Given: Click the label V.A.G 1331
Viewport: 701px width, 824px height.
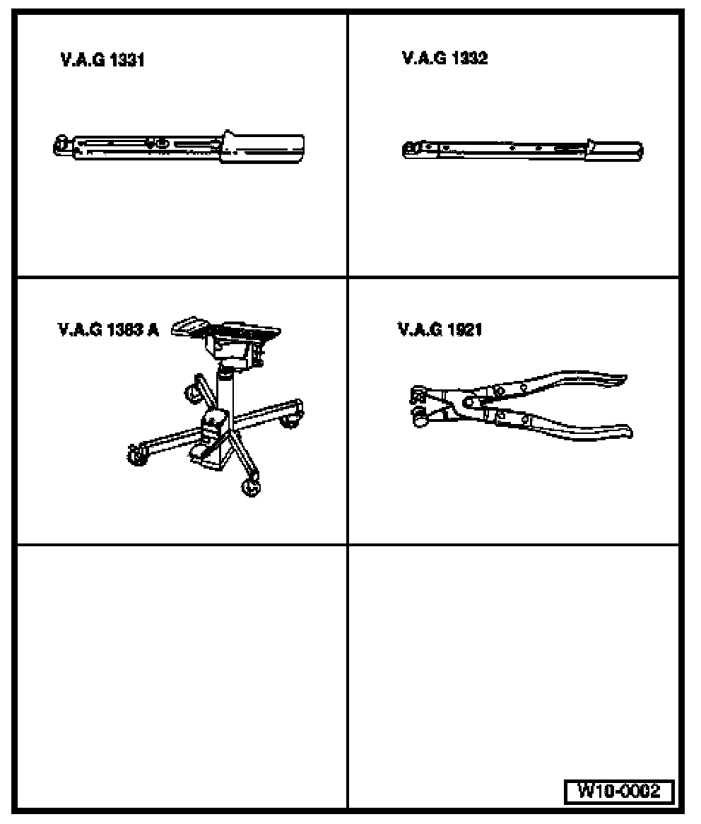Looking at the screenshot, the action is coord(102,60).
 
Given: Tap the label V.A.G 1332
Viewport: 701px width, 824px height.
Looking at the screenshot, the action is coord(444,58).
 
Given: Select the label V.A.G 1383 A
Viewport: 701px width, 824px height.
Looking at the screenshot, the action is coord(107,329).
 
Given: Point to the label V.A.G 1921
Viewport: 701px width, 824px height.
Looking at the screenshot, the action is coord(440,329).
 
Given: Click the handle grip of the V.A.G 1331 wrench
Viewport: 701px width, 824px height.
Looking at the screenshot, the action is coord(262,147).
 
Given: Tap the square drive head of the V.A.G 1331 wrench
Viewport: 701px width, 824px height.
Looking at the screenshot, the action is coord(62,146).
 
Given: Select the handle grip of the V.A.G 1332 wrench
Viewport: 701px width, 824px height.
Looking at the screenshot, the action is coord(614,150).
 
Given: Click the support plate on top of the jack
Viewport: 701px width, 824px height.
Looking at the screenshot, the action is coord(227,329).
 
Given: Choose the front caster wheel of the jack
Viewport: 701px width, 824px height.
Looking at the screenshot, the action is coord(251,488).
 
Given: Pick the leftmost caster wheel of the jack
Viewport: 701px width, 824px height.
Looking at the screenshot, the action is coord(138,454).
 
